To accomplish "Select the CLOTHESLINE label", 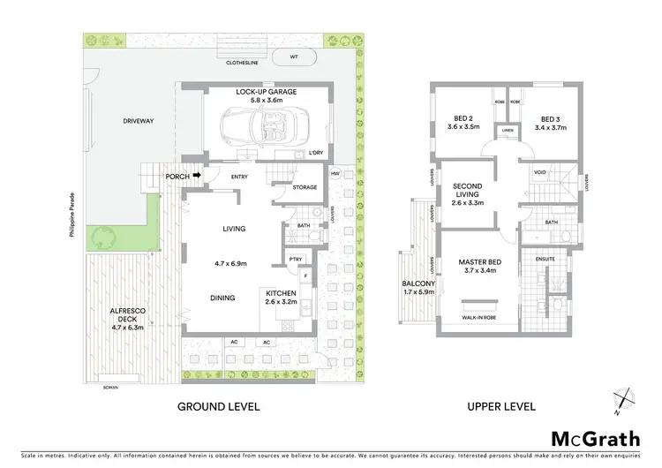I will (244, 64).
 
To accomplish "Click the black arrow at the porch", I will (198, 176).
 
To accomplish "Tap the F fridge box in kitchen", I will (305, 276).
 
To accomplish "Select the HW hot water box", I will (335, 174).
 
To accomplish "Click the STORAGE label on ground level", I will (305, 187).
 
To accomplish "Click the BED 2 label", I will (463, 123).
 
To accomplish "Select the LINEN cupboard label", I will (507, 132).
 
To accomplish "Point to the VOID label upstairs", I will (539, 171).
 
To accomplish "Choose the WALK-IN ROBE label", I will (479, 317).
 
